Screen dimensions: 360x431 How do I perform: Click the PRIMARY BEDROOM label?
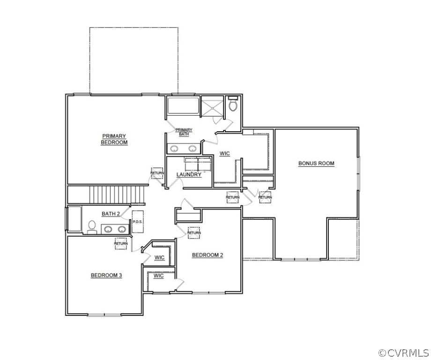click(114, 139)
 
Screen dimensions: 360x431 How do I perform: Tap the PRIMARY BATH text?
click(184, 132)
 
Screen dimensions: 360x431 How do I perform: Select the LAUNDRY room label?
click(189, 175)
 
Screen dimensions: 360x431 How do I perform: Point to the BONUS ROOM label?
click(316, 164)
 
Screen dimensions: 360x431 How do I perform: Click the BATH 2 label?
click(111, 214)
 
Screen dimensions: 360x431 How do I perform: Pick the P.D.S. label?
click(138, 222)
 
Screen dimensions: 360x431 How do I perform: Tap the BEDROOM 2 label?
click(208, 255)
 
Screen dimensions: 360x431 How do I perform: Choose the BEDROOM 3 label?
click(106, 275)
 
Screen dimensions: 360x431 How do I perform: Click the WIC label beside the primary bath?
click(225, 154)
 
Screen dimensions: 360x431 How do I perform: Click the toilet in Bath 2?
click(92, 228)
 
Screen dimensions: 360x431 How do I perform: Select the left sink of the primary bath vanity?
click(174, 149)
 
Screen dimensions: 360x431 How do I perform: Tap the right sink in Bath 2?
click(122, 229)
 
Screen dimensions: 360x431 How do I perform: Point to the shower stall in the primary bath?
click(212, 107)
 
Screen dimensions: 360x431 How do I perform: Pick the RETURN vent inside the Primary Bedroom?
click(157, 172)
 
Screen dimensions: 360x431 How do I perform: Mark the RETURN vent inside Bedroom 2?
click(194, 232)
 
